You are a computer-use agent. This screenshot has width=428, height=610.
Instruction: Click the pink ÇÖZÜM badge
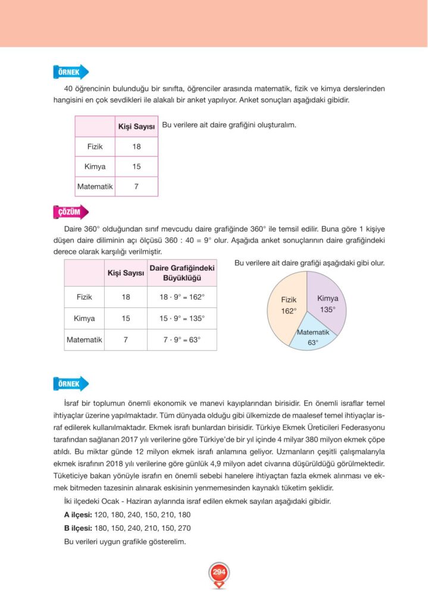(x=70, y=212)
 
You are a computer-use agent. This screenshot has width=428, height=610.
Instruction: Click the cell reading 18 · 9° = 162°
(x=182, y=297)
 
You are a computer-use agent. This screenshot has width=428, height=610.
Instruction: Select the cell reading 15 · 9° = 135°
(x=182, y=318)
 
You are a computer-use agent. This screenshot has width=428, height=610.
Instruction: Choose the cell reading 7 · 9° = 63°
(x=182, y=340)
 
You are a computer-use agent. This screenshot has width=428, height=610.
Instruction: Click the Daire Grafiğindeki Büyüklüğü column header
(x=182, y=273)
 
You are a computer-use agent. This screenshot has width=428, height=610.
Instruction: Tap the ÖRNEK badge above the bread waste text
(x=70, y=384)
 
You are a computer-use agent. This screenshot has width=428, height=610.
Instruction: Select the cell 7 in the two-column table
(x=136, y=186)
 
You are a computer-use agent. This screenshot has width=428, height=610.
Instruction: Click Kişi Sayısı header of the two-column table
(x=136, y=126)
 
